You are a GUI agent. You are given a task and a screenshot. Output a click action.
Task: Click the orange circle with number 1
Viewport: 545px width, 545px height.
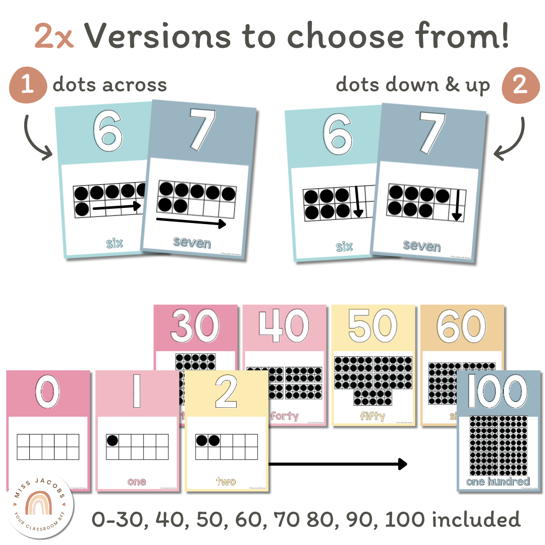click(28, 84)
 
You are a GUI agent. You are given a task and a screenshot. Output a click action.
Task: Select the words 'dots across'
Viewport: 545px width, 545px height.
click(110, 85)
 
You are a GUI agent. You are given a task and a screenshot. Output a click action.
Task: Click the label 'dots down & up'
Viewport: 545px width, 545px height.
click(412, 85)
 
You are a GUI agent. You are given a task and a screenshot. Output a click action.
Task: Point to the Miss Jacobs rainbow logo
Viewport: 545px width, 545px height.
click(41, 504)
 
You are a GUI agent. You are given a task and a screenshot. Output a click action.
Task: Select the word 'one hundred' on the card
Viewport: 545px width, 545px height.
click(498, 481)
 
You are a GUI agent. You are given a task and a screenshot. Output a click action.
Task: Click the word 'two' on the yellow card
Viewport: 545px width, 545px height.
click(226, 481)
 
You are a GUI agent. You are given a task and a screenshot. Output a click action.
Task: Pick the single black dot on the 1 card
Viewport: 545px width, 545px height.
click(113, 441)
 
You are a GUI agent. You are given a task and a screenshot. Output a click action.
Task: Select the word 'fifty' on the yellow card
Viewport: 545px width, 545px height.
click(372, 416)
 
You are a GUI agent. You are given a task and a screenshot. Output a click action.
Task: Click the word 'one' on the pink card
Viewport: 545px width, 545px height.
click(137, 481)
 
